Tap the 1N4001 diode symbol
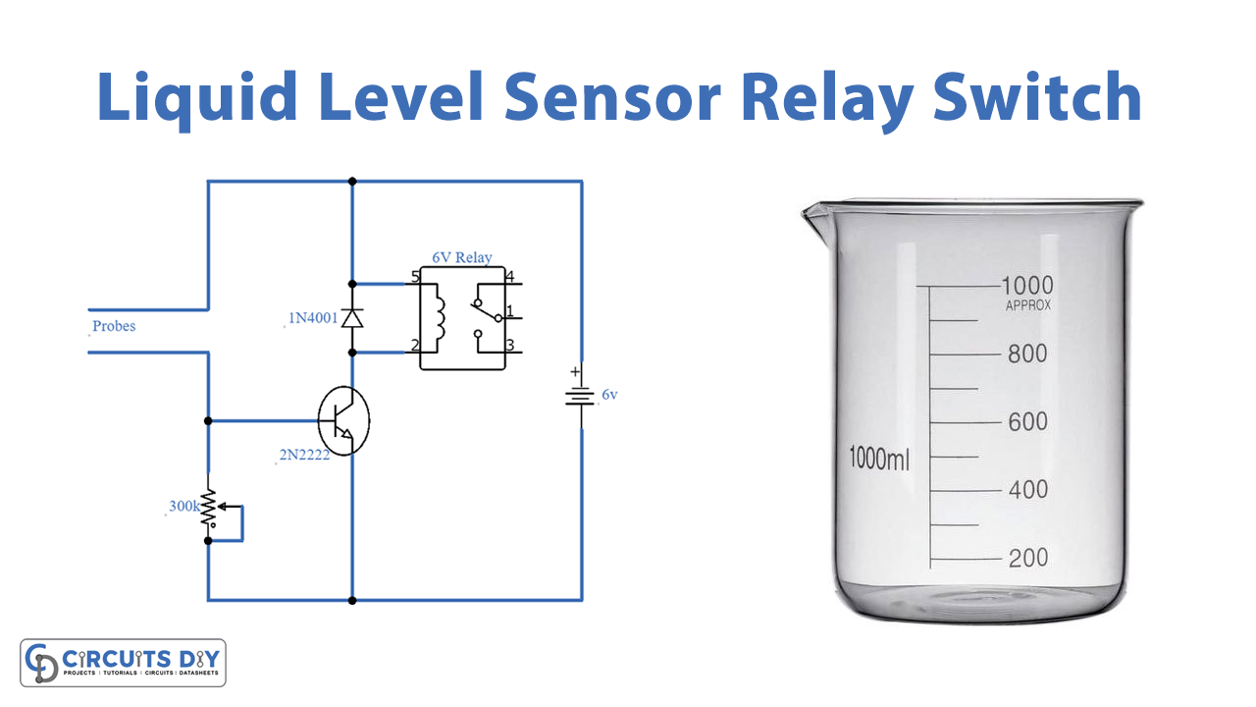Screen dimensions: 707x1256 tap(352, 317)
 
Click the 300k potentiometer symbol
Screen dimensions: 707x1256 tap(209, 512)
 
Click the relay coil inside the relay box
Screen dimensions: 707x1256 tap(438, 315)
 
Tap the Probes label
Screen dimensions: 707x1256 tap(114, 326)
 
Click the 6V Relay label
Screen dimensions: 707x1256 tap(462, 257)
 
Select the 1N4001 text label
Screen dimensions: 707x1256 tap(312, 318)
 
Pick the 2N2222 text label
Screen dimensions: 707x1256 tap(303, 456)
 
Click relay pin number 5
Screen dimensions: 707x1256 tap(415, 278)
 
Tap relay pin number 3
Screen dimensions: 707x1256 tap(510, 346)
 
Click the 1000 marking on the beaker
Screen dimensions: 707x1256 tap(1026, 285)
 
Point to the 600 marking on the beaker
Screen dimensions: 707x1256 tap(1027, 421)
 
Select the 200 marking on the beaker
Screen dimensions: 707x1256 tap(1027, 558)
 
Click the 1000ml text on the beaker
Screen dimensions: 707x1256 tap(879, 458)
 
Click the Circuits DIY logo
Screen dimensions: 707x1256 tap(124, 663)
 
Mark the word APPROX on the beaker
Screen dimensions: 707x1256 tap(1028, 305)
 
